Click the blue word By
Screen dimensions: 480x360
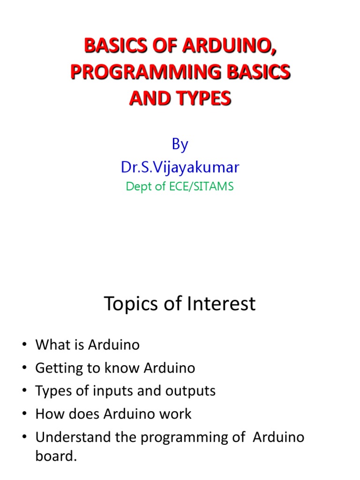point(180,144)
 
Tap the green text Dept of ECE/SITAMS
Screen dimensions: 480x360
point(180,186)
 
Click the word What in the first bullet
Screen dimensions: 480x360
point(52,345)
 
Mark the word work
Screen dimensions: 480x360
point(174,414)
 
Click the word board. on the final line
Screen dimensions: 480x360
point(56,457)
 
